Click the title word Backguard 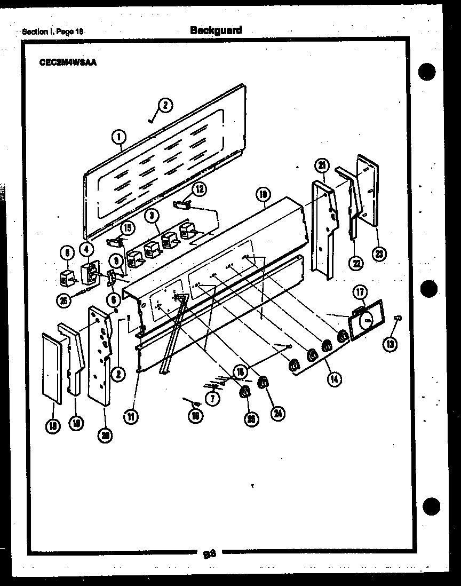click(216, 30)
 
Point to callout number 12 click(198, 188)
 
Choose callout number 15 click(126, 228)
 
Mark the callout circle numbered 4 click(86, 249)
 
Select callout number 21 click(322, 166)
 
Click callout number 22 click(356, 262)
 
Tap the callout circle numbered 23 click(379, 254)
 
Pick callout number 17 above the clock click(360, 292)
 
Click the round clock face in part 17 click(367, 321)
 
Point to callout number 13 click(390, 344)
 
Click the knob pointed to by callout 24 click(262, 382)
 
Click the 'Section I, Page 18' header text click(54, 31)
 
